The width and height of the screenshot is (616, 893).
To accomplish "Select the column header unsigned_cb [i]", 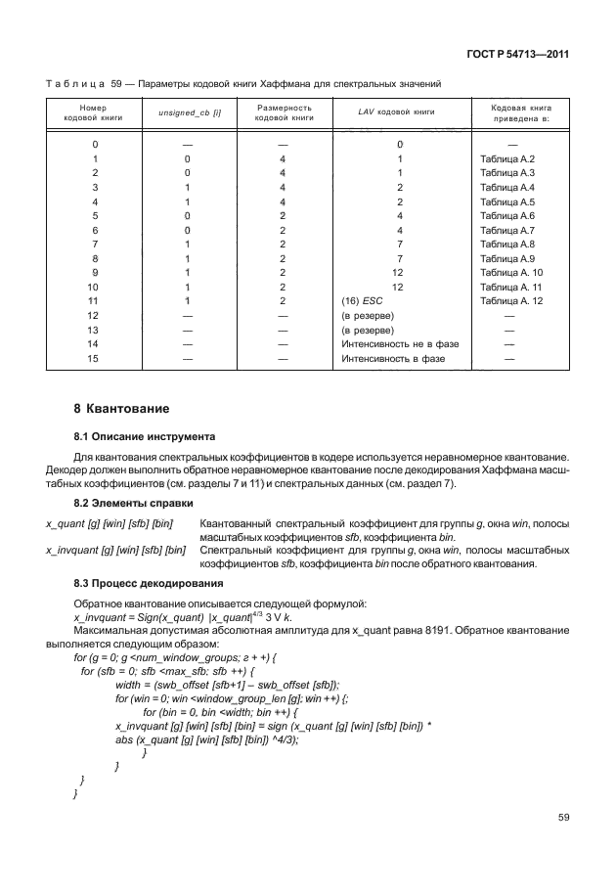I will coord(189,112).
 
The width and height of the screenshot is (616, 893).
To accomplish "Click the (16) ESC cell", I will coord(362,302).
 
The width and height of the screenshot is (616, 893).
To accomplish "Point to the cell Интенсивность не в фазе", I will coord(400,344).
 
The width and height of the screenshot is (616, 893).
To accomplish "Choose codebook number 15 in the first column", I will coord(94,359).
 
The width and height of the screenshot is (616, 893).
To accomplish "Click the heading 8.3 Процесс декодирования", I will coord(147,584).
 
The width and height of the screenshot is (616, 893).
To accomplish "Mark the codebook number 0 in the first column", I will coord(94,144).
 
